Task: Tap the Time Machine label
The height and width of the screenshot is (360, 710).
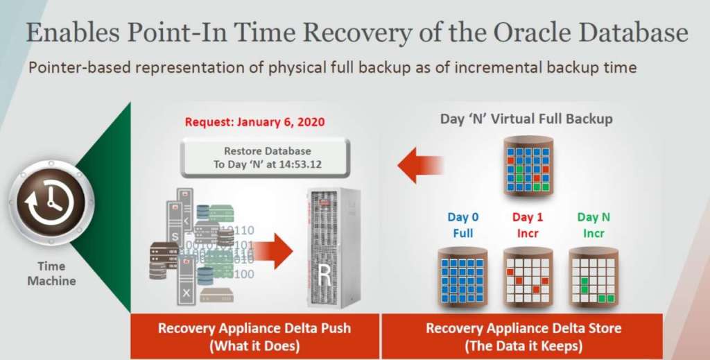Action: pyautogui.click(x=52, y=274)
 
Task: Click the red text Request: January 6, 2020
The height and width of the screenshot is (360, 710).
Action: pyautogui.click(x=254, y=122)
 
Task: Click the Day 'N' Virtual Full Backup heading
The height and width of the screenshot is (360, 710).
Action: pyautogui.click(x=526, y=119)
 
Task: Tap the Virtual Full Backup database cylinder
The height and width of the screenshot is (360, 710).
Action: pyautogui.click(x=528, y=166)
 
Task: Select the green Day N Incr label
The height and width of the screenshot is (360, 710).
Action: pyautogui.click(x=593, y=223)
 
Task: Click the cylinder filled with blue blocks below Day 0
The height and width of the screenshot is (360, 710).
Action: pyautogui.click(x=461, y=277)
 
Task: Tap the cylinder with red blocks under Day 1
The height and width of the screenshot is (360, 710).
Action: pyautogui.click(x=528, y=277)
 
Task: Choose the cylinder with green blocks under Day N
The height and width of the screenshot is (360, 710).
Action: pyautogui.click(x=594, y=277)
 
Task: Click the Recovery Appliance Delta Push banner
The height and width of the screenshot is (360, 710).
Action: pyautogui.click(x=254, y=336)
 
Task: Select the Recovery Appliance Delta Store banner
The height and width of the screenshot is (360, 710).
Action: pyautogui.click(x=523, y=336)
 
